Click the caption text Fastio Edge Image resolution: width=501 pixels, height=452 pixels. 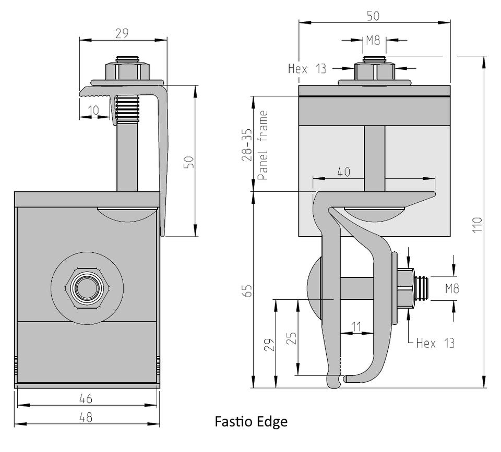tap(251, 422)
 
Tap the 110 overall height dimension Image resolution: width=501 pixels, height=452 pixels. tap(478, 225)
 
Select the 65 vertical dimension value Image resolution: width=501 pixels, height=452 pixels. tap(248, 291)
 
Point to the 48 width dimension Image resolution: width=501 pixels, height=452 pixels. tap(86, 417)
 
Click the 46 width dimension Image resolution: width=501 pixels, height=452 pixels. tap(86, 398)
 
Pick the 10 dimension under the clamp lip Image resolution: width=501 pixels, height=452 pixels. tap(93, 111)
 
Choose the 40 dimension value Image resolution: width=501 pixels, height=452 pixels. tap(344, 172)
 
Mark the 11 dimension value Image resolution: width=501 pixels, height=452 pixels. tap(356, 327)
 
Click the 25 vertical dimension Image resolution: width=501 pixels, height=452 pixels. tap(291, 338)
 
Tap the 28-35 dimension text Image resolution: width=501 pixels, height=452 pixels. tap(247, 145)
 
